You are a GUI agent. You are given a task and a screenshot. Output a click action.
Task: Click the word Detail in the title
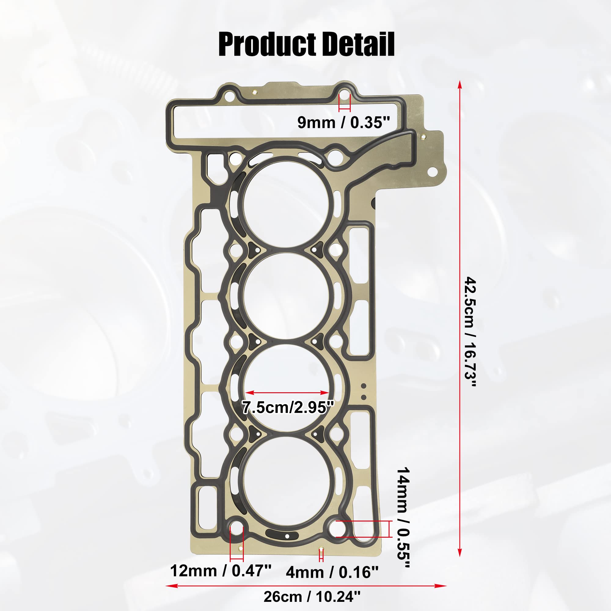pos(358,45)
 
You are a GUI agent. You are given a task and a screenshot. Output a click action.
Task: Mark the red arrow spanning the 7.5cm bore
pos(287,393)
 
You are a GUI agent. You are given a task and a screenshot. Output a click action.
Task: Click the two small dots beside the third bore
pos(364,391)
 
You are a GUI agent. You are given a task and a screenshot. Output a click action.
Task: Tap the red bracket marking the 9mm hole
pos(344,108)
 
